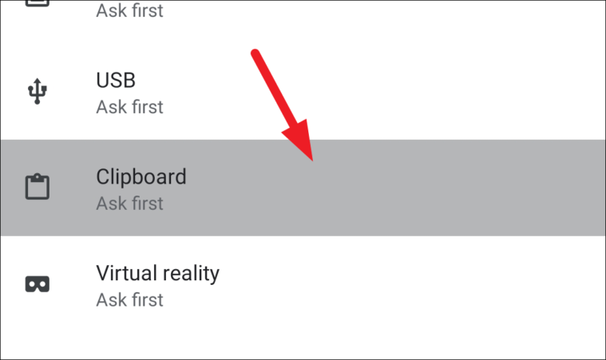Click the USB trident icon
(x=36, y=92)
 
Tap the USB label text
(x=116, y=81)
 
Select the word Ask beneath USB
(x=110, y=107)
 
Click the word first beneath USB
(x=146, y=107)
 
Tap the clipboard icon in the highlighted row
(x=37, y=188)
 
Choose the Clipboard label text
(x=141, y=176)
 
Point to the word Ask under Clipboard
(x=110, y=204)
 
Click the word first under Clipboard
(x=146, y=204)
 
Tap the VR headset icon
(x=37, y=284)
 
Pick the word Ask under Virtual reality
(x=110, y=300)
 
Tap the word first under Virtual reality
(x=146, y=300)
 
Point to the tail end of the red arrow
(x=255, y=54)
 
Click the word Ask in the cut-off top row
(x=110, y=11)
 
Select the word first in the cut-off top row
(x=146, y=11)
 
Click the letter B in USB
(x=129, y=81)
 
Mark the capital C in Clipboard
(x=103, y=176)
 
